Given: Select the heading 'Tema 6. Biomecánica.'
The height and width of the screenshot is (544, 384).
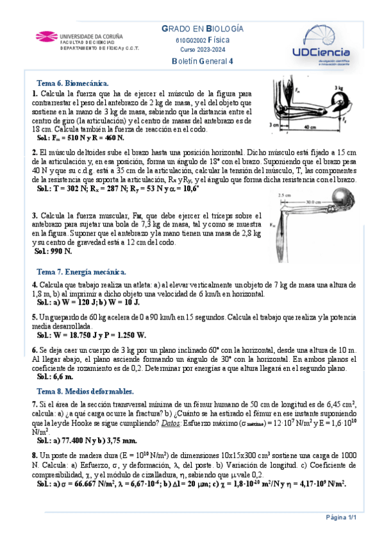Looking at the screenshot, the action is [x=73, y=83].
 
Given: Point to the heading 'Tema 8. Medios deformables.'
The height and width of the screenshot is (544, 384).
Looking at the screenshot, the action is [x=85, y=391].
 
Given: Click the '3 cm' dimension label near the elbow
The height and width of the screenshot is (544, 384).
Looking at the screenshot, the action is [x=274, y=124].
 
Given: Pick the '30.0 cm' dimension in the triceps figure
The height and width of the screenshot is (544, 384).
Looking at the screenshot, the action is [x=313, y=201].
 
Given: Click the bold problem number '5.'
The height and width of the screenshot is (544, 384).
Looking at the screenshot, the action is [x=35, y=317].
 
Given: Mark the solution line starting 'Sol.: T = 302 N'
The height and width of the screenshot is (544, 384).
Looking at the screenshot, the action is [x=118, y=190].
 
